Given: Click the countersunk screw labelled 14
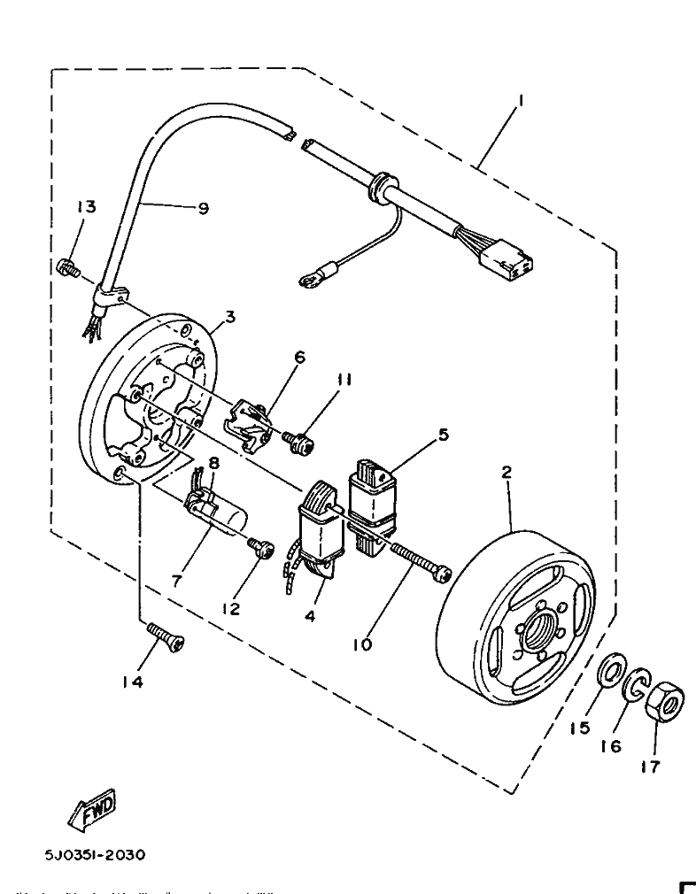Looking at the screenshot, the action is click(166, 635).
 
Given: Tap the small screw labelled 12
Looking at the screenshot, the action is click(260, 547).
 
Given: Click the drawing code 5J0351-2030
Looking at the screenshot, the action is click(96, 855).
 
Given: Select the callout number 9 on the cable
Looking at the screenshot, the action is click(203, 209).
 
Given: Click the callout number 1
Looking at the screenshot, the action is click(521, 102).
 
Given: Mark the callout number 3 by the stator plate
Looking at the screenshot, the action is click(229, 316).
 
